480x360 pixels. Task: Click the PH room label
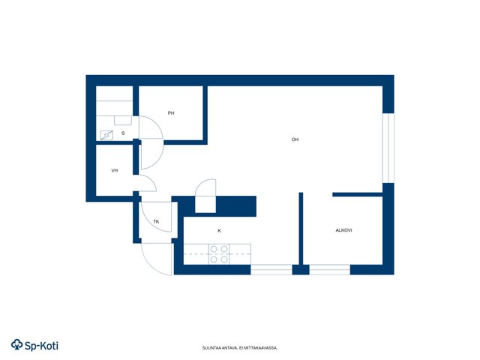point(171,113)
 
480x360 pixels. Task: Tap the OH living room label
point(295,139)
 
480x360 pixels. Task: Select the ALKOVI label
point(343,230)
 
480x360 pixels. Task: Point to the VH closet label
point(115,170)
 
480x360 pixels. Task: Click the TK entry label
point(156,221)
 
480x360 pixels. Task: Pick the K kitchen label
point(219,230)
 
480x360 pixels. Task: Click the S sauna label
point(123,133)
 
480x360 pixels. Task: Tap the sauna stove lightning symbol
point(106,135)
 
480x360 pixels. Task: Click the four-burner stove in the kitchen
point(219,254)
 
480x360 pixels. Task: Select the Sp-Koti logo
point(34,345)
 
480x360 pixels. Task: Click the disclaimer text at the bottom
point(240,348)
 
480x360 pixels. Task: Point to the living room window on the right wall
point(388,148)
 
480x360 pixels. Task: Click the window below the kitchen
point(271,270)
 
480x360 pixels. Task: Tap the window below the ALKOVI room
point(330,270)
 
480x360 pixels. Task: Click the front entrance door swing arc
point(150,265)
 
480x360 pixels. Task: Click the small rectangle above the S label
point(123,120)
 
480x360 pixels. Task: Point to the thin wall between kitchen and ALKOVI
point(301,228)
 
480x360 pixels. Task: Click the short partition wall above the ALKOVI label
point(358,194)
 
